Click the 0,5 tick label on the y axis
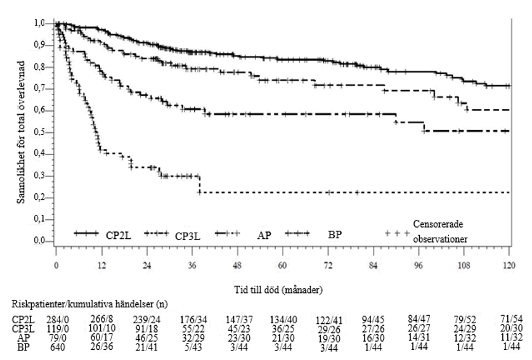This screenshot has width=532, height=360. (x=40, y=132)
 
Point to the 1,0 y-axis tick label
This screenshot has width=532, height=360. (x=40, y=23)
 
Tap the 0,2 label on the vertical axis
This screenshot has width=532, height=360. (x=40, y=197)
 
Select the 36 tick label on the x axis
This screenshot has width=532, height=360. (x=192, y=265)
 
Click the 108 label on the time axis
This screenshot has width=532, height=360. (x=464, y=265)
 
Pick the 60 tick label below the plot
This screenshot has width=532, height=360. (x=283, y=265)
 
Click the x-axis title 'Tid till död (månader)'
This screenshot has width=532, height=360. (x=278, y=290)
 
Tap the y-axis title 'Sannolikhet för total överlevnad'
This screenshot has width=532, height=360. (x=21, y=132)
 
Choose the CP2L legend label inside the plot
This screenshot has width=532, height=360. (x=119, y=235)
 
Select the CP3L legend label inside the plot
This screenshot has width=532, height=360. (x=187, y=236)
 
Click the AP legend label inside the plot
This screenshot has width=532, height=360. (x=264, y=235)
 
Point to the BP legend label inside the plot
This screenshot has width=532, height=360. (x=335, y=235)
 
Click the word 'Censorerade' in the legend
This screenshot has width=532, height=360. (x=438, y=224)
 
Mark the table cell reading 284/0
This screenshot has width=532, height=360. (x=56, y=319)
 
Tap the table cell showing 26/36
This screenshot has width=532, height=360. (x=101, y=347)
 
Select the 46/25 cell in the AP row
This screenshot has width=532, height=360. (x=146, y=338)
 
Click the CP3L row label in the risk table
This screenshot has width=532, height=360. (x=23, y=328)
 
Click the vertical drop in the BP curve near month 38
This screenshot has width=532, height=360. (x=200, y=184)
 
